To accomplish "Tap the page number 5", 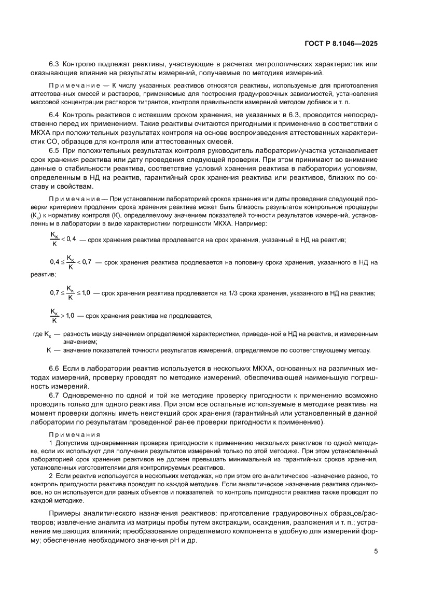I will (376, 551).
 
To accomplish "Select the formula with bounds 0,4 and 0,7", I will (70, 262).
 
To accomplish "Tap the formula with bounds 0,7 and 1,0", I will (70, 293).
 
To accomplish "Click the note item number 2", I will (50, 475).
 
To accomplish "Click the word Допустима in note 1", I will (71, 445).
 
